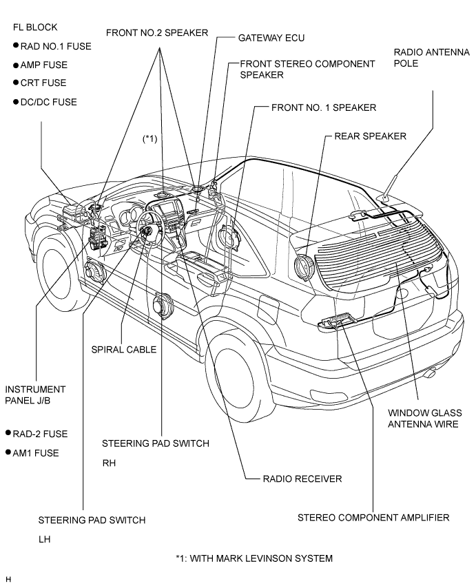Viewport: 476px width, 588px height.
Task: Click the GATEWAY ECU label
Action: point(271,38)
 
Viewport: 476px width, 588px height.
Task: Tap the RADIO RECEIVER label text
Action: point(302,479)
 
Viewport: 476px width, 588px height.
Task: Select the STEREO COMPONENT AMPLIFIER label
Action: point(373,518)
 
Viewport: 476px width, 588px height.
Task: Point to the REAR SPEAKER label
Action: point(370,136)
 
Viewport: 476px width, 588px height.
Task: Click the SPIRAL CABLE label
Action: point(124,350)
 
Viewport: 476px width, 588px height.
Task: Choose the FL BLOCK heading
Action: point(35,28)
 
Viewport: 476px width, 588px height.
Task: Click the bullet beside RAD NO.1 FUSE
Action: point(16,45)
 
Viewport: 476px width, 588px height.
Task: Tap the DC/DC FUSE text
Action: point(48,102)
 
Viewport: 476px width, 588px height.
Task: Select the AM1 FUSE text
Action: point(36,453)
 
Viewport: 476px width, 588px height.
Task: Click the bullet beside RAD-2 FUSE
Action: point(8,433)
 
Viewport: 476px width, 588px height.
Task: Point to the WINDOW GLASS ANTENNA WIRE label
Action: point(424,419)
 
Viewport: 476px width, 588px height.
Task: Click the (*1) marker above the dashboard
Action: point(149,139)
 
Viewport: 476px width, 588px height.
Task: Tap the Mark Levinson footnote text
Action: point(254,558)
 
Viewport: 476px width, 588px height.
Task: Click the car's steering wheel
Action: point(150,229)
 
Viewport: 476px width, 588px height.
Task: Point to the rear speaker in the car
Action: point(304,269)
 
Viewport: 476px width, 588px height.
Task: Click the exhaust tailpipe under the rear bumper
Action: point(431,373)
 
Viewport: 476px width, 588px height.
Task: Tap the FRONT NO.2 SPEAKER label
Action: point(157,33)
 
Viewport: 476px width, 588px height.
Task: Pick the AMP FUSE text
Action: point(44,65)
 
